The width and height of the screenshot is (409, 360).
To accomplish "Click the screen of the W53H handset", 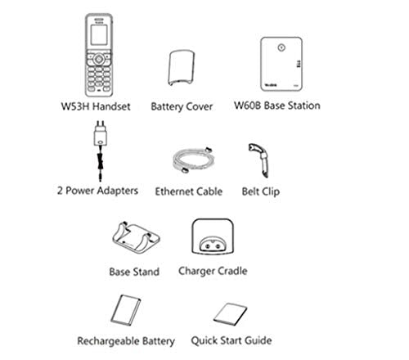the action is tap(99, 35).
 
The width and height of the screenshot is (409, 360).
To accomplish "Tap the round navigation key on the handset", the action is tap(99, 59).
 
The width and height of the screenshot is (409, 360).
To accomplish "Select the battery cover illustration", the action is tap(182, 68).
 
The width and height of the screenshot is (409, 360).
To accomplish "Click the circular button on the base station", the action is tap(281, 47).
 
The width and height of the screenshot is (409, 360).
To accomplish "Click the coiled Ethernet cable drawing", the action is tap(193, 160).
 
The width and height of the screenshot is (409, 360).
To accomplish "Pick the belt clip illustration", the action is tap(259, 160).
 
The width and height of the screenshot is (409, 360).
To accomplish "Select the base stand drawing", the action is tap(136, 238).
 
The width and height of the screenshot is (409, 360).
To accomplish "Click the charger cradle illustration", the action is tap(213, 236).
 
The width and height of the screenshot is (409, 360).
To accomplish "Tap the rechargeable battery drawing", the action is tap(126, 310).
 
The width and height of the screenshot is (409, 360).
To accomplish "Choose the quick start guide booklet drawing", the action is tap(230, 314).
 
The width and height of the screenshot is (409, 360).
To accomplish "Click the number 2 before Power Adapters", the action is tap(60, 191).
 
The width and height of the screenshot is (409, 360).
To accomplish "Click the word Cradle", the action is tap(233, 271).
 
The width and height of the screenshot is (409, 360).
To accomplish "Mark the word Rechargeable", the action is tap(108, 341).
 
